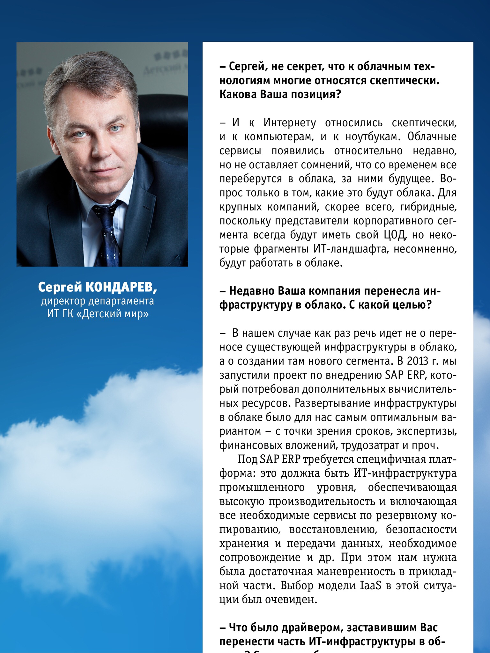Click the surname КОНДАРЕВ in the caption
click(120, 288)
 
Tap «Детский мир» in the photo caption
click(113, 314)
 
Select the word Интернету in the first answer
click(290, 123)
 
